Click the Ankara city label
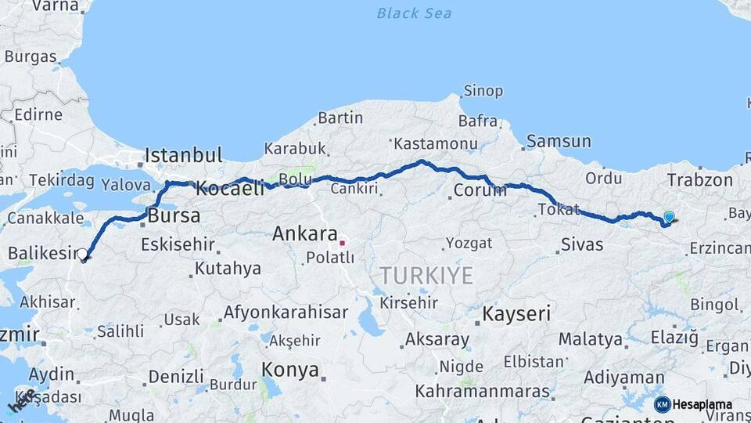click(x=305, y=233)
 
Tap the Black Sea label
click(x=414, y=13)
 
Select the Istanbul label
click(x=184, y=154)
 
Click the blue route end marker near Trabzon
click(x=669, y=217)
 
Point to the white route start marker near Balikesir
click(x=83, y=253)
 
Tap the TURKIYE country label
click(x=427, y=276)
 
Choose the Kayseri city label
click(x=517, y=314)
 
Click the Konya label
click(x=290, y=369)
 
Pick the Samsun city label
click(x=559, y=142)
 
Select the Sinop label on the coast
click(x=483, y=91)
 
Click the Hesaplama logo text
click(x=702, y=405)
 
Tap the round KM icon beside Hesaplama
click(x=663, y=405)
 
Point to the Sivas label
click(x=582, y=244)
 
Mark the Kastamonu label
click(x=435, y=144)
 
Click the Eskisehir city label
click(x=178, y=244)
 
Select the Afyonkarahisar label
click(x=286, y=312)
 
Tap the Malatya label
click(x=591, y=340)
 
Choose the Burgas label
click(x=31, y=56)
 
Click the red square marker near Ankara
click(x=342, y=243)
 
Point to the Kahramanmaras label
click(x=483, y=390)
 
